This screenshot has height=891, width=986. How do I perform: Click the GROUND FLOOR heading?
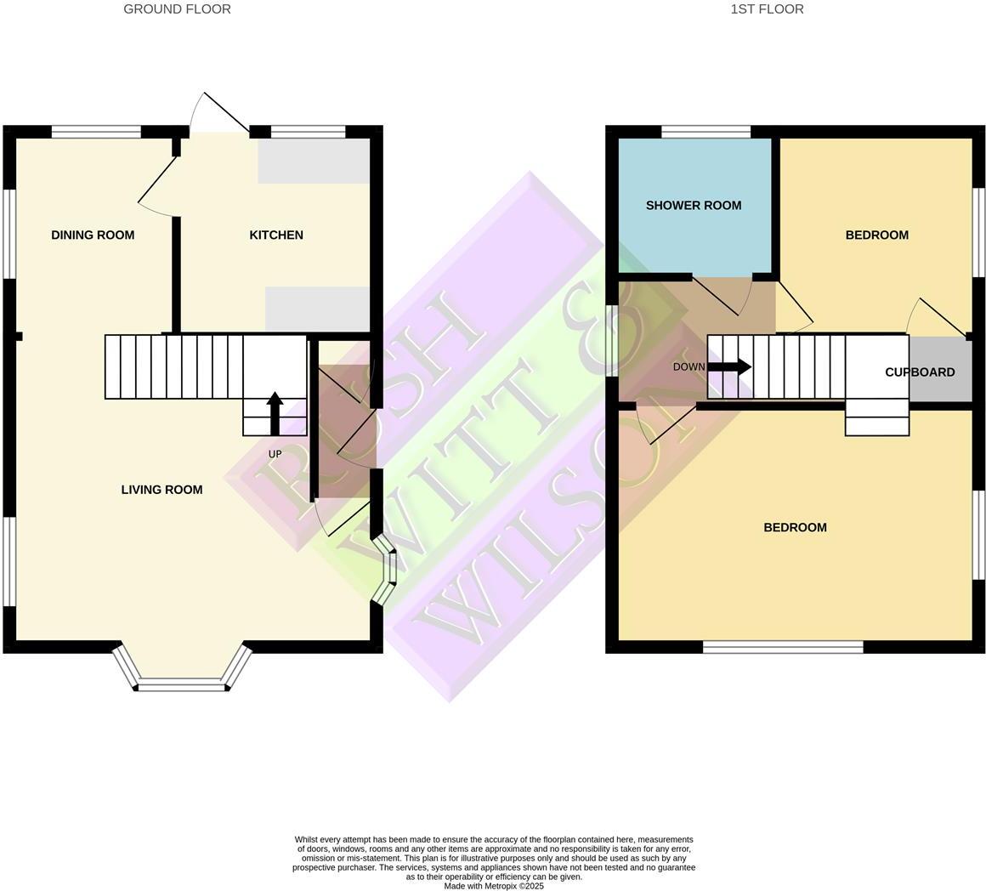[177, 9]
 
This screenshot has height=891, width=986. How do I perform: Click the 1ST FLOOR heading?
[767, 9]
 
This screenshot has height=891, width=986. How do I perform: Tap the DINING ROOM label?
[93, 236]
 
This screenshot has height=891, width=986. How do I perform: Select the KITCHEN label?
[276, 236]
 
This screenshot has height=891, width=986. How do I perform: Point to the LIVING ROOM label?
[161, 490]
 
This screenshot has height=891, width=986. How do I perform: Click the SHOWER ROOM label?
[694, 206]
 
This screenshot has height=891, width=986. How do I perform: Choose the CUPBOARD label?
[920, 372]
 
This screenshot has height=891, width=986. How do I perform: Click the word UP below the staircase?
[275, 454]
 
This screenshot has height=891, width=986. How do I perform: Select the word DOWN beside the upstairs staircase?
[688, 367]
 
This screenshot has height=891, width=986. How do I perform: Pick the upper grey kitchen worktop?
[314, 161]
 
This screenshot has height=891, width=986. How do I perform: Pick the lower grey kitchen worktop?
[317, 309]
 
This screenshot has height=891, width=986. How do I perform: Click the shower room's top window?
[705, 132]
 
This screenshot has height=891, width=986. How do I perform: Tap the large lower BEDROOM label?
[795, 528]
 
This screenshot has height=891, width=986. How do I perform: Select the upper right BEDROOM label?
[876, 236]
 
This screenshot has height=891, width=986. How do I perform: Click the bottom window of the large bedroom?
[783, 647]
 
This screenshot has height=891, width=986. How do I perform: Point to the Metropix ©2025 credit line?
[494, 886]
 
